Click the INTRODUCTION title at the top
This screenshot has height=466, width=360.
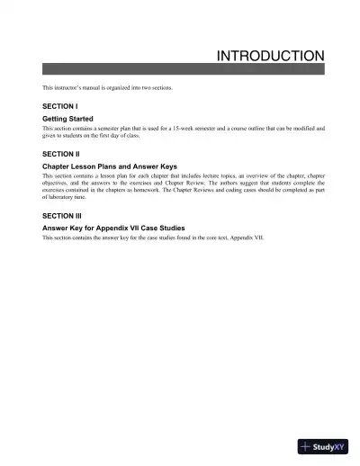point(271,56)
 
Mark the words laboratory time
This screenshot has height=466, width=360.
point(70,200)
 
